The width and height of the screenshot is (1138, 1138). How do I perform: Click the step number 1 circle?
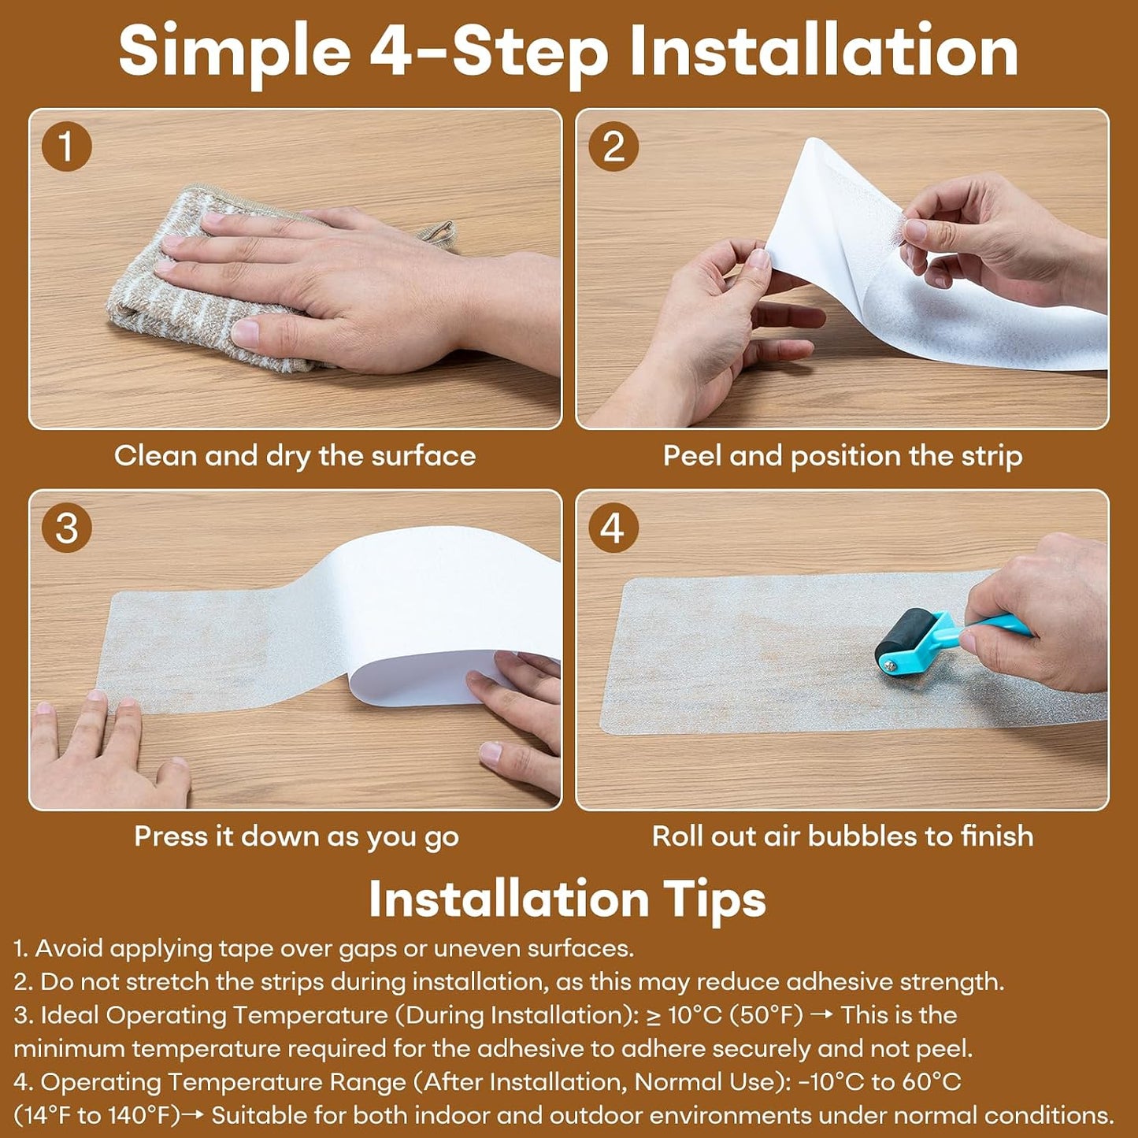coord(67,146)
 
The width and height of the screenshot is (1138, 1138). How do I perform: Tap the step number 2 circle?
coord(613,146)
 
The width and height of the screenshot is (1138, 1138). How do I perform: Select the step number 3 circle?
coord(67,528)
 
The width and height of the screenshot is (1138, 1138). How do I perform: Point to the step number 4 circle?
coord(613,528)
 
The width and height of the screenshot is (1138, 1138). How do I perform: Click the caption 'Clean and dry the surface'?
coord(295,456)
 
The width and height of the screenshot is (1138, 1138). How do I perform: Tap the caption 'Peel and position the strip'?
coord(843,456)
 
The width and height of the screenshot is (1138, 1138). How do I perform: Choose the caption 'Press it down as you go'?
coord(296,837)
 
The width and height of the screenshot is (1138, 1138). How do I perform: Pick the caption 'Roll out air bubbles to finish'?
coord(843,836)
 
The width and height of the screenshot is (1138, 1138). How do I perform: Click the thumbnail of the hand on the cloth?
coord(295,269)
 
